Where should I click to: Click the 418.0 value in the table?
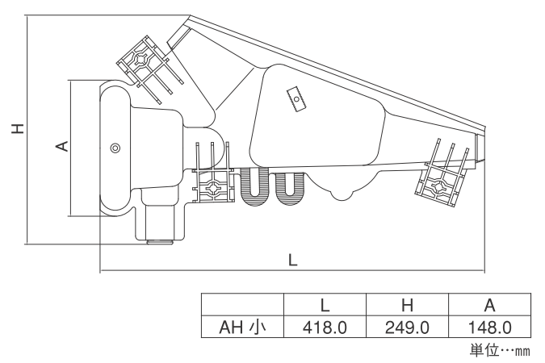(325, 328)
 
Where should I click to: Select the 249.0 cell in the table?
(407, 328)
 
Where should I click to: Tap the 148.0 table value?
(490, 328)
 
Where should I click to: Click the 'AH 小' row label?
(242, 328)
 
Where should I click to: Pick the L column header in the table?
(325, 305)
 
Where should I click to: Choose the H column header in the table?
(407, 305)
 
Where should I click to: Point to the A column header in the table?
(490, 305)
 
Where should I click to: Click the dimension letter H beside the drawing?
(18, 128)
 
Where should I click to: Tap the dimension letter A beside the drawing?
(62, 146)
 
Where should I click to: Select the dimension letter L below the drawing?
(293, 260)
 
